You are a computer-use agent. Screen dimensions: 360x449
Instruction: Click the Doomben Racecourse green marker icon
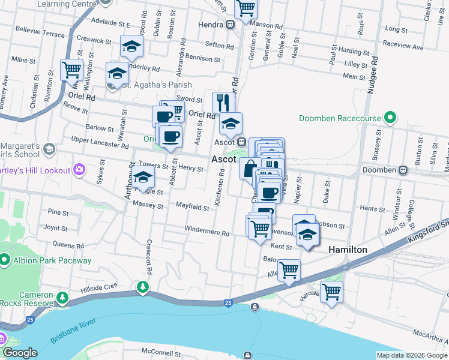[x=391, y=118]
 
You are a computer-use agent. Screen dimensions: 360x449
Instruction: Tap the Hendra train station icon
[x=231, y=25]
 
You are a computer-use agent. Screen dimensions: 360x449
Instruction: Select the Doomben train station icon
[x=403, y=170]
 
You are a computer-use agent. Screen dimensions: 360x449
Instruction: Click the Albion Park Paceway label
[x=54, y=260]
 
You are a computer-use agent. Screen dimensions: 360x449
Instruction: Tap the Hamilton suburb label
[x=347, y=249]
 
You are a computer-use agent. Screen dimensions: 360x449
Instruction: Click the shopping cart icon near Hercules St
[x=331, y=292]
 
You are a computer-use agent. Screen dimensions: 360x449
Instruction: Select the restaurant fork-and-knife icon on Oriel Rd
[x=221, y=100]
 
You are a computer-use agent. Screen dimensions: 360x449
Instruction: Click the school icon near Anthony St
[x=143, y=177]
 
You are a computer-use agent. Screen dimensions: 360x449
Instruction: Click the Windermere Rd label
[x=207, y=233]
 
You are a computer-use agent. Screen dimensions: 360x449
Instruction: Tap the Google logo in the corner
[x=20, y=353]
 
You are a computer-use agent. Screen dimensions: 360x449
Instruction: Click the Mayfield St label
[x=192, y=208]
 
